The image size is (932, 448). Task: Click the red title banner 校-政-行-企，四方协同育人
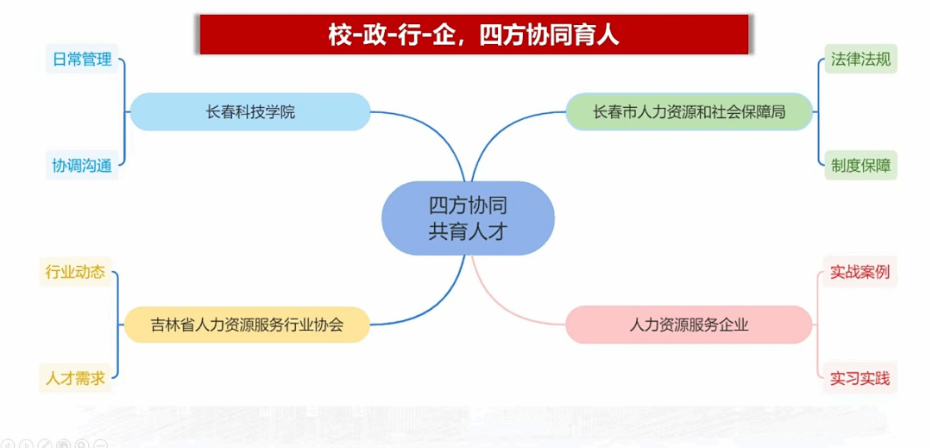click(474, 35)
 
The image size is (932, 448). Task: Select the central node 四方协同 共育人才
click(468, 218)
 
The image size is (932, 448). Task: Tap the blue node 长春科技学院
click(250, 111)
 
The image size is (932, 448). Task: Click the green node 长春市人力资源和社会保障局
click(689, 111)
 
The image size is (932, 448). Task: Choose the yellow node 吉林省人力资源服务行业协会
click(247, 325)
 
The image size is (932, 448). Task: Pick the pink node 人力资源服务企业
click(689, 325)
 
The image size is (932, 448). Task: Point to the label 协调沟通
click(82, 165)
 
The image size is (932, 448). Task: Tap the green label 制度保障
click(860, 165)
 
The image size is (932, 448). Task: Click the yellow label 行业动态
click(75, 272)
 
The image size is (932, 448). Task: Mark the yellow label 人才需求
click(75, 378)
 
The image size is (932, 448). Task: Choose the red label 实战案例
click(860, 272)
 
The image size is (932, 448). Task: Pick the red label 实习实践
click(860, 378)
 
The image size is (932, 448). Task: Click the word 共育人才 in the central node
click(468, 231)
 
